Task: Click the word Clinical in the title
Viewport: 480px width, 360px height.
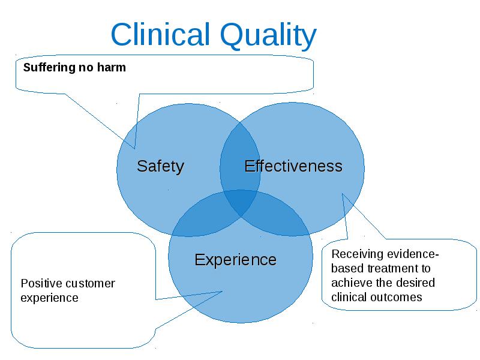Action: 160,34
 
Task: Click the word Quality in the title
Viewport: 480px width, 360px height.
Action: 268,36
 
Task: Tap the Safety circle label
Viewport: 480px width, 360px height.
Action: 160,167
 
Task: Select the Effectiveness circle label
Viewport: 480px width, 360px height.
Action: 293,166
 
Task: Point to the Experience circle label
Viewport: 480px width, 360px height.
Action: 235,260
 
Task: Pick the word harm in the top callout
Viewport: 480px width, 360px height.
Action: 112,67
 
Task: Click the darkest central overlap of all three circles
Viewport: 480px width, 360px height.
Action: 241,202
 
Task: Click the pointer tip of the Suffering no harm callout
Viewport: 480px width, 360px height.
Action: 134,149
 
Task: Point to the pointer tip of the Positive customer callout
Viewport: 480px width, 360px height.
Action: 222,292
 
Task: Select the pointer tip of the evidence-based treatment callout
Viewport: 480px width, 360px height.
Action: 342,193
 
